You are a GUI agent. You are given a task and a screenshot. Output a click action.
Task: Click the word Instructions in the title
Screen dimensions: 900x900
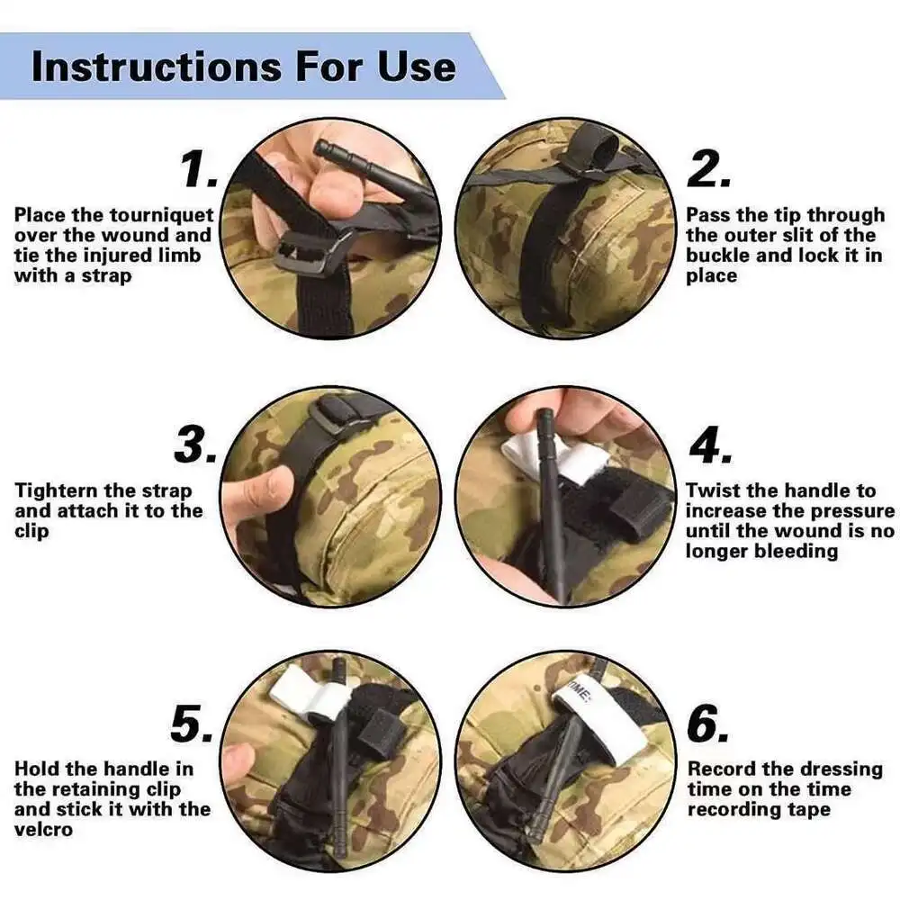coord(156,67)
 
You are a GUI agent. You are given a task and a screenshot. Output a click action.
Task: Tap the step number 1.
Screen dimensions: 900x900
coord(199,169)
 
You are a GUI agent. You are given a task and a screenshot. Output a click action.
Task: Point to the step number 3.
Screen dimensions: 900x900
coord(195,445)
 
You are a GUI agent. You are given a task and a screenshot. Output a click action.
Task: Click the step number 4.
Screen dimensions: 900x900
coord(711,445)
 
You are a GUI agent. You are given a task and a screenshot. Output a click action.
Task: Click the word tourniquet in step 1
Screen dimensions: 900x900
coord(161,215)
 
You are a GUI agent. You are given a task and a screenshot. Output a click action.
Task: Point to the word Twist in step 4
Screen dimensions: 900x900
coord(713,490)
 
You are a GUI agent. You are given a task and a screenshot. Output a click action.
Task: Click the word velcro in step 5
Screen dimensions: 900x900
coord(43,830)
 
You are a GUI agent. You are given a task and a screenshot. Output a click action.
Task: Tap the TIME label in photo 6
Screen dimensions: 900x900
coord(580,689)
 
